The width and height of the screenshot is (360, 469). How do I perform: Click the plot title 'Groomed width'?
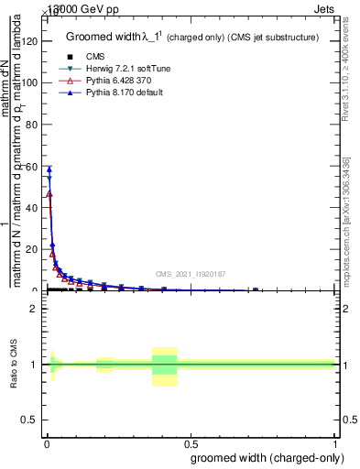click(107, 38)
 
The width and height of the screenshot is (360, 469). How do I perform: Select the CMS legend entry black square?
click(70, 57)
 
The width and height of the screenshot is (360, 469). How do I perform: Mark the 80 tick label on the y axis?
click(33, 125)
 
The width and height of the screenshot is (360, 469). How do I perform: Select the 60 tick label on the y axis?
click(33, 166)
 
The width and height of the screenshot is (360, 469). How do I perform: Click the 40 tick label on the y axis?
click(33, 208)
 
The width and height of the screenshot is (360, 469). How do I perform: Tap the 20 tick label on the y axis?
click(33, 249)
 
